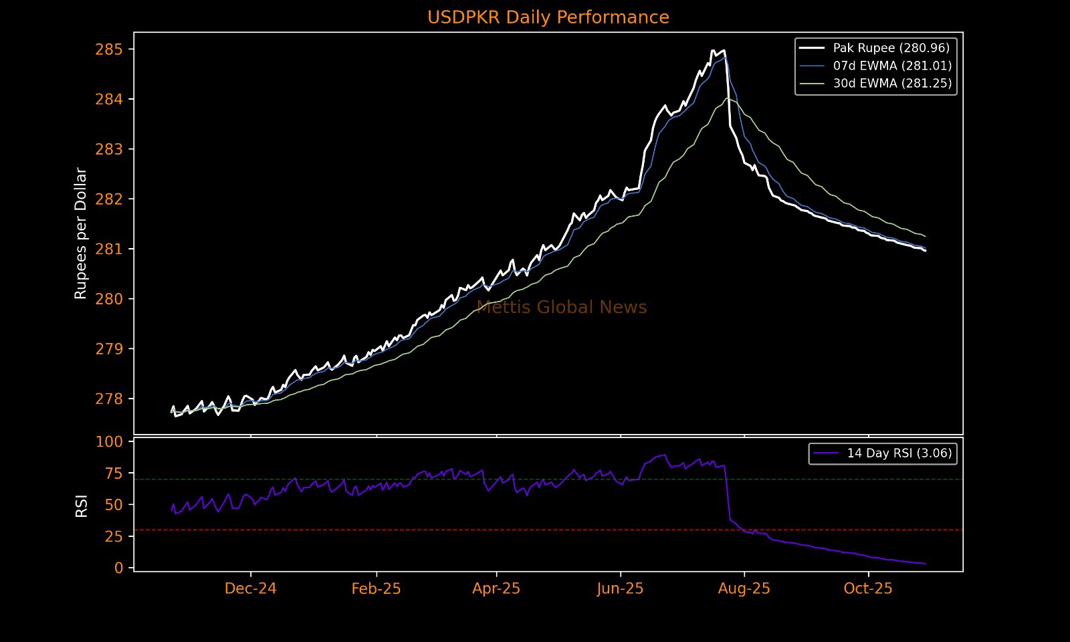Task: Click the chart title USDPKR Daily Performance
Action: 548,17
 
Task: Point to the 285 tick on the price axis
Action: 109,49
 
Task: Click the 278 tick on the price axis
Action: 109,399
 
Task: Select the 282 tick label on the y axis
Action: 109,199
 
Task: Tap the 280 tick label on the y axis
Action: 109,299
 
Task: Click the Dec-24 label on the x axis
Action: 251,588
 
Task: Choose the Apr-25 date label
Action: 496,588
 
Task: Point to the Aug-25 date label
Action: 744,588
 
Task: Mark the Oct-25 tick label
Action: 868,588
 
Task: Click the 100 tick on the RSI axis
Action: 110,442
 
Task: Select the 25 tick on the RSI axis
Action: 114,536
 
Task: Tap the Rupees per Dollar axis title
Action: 81,233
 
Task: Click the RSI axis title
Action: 82,506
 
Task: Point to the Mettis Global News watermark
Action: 562,308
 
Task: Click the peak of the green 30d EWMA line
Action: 728,98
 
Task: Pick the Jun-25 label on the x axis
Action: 621,588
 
